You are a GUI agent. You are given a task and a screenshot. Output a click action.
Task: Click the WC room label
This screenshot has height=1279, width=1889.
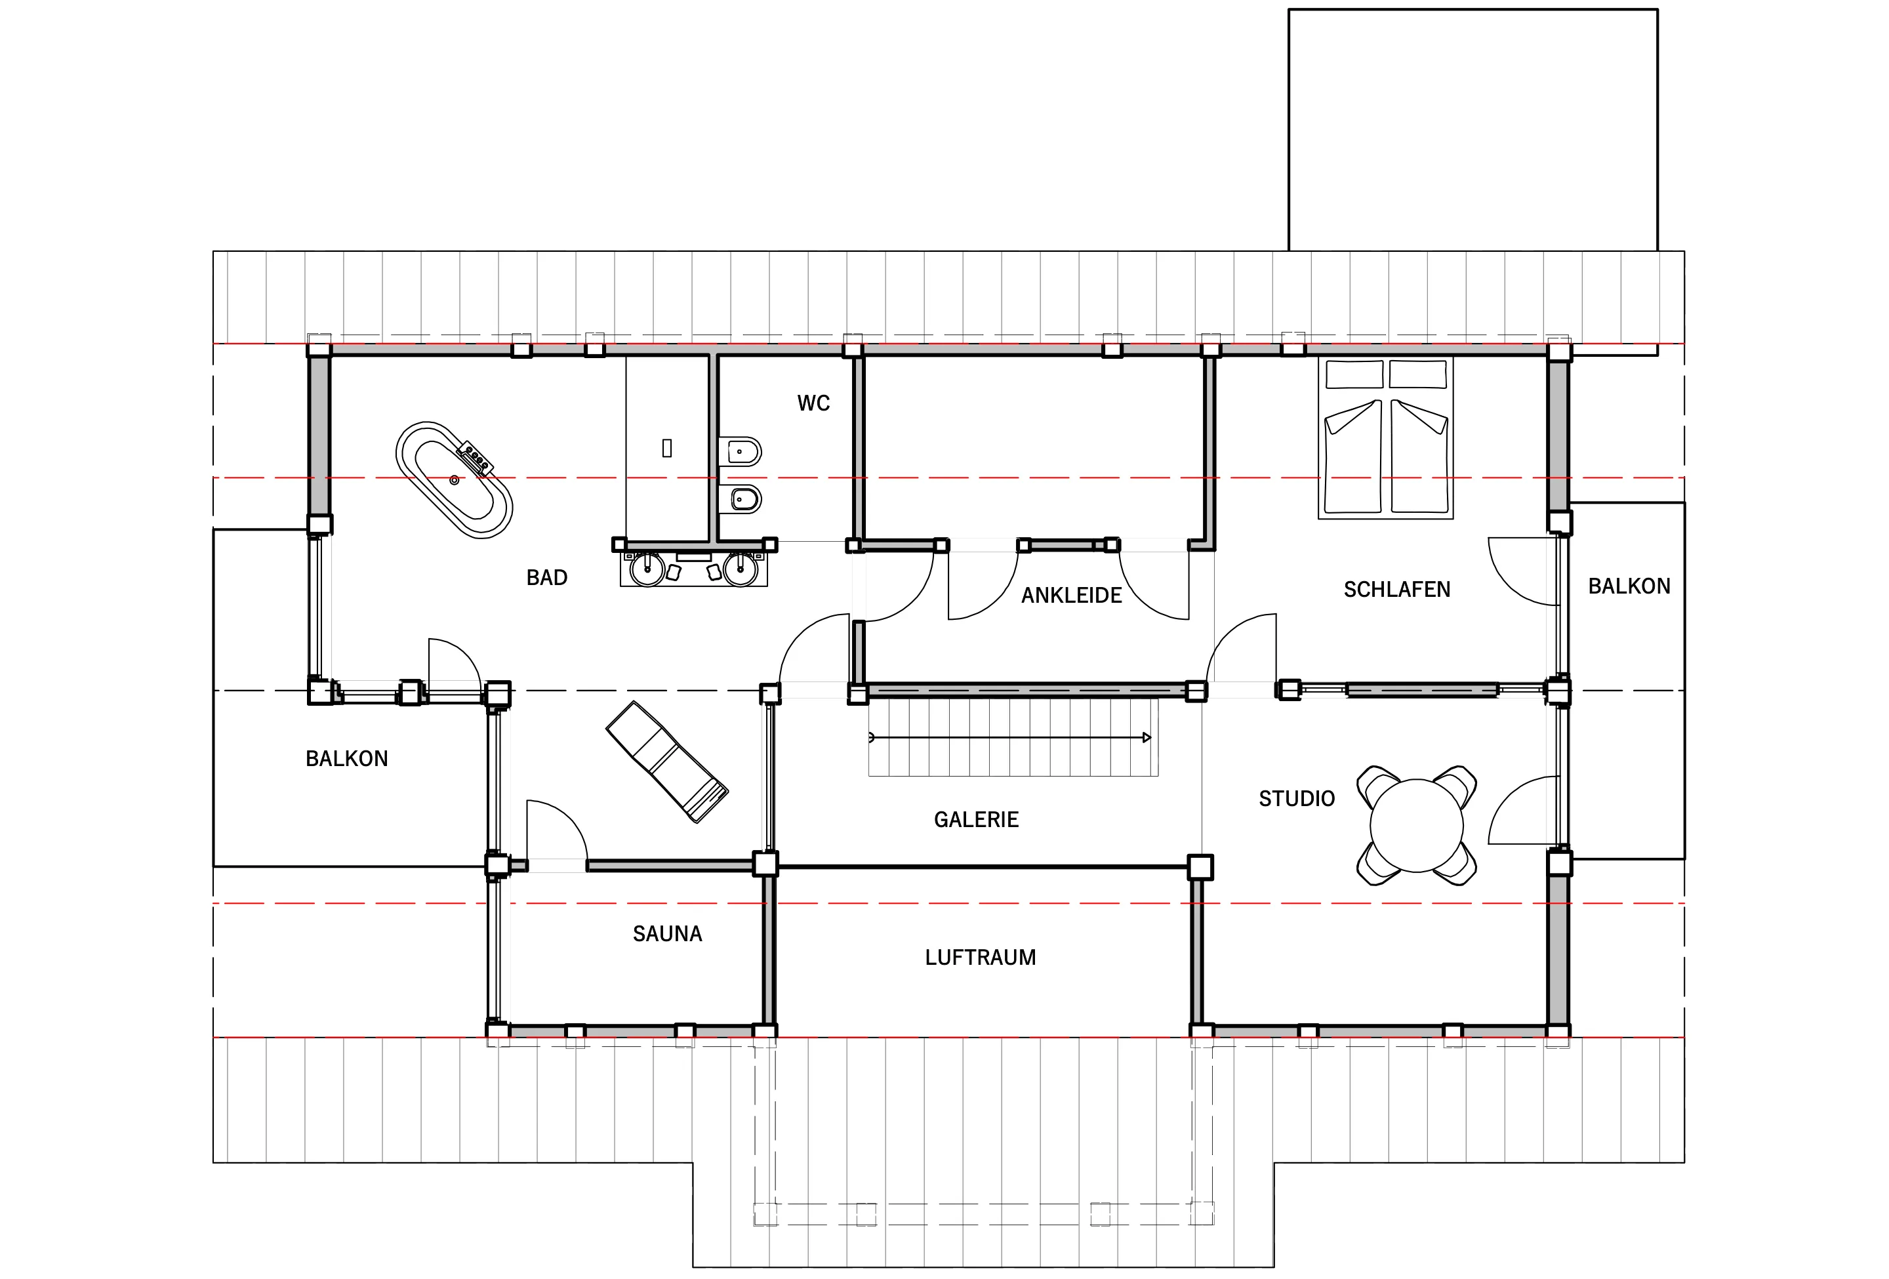point(813,403)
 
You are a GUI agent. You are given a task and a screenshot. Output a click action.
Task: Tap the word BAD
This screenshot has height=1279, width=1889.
point(547,578)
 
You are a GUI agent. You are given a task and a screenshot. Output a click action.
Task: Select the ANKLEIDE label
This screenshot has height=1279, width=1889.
point(1071,596)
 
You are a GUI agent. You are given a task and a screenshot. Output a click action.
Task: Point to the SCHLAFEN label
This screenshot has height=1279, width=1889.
point(1397,589)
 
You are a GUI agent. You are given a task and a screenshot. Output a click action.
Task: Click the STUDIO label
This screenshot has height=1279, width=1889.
point(1297,799)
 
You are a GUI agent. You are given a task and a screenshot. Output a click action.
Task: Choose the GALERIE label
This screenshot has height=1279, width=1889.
point(976,819)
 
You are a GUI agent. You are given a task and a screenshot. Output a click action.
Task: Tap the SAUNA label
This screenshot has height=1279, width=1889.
point(667,933)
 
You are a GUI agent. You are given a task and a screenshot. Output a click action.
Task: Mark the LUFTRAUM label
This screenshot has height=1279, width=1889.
point(981,957)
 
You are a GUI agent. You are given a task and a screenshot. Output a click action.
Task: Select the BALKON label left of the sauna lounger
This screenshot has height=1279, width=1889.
point(347,758)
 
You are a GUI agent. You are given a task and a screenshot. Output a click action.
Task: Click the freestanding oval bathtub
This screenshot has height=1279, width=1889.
point(455,480)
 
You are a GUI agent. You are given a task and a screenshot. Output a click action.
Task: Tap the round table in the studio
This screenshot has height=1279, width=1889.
point(1417,826)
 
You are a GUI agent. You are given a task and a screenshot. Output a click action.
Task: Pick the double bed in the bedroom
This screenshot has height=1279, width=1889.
point(1386,437)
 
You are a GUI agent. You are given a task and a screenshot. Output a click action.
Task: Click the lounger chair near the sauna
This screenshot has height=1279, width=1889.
point(666,762)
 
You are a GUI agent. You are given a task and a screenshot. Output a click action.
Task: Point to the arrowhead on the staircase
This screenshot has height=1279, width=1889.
point(1147,738)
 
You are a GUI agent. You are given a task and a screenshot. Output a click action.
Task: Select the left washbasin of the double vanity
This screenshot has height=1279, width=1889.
point(648,568)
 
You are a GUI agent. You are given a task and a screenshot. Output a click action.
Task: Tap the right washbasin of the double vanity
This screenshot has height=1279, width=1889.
point(741,568)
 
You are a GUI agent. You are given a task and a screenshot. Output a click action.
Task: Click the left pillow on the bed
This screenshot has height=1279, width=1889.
point(1354,375)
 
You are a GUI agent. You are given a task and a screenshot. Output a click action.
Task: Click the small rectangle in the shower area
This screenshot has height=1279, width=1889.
point(667,448)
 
